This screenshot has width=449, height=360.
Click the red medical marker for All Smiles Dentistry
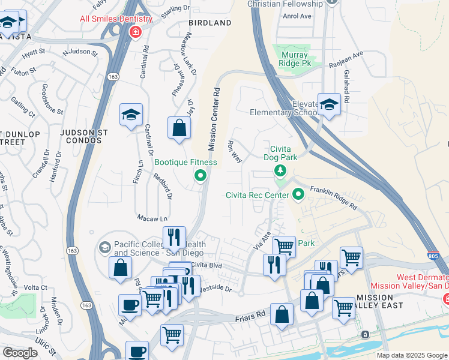pos(136,32)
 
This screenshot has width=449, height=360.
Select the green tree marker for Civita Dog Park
pos(280,172)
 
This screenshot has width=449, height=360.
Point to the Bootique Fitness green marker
pos(200,176)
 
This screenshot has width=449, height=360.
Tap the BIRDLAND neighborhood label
pos(209,23)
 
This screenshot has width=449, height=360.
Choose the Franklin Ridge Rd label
pos(334,197)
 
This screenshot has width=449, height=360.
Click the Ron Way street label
pos(234,151)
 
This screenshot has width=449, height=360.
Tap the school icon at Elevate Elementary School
pos(329,106)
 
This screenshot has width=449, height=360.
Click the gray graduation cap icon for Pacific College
pos(105,247)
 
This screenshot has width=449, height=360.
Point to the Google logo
pos(20,353)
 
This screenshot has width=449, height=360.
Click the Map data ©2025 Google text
pos(411,355)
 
